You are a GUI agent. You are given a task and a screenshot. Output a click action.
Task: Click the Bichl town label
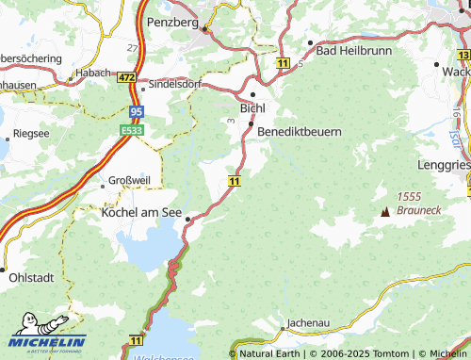tap(253, 108)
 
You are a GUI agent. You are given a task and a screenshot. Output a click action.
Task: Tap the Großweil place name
tap(129, 180)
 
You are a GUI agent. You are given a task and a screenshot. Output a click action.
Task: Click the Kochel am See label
tap(140, 214)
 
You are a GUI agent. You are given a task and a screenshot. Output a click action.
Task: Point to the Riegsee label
tap(30, 133)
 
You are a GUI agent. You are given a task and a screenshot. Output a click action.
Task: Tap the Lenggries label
tap(446, 164)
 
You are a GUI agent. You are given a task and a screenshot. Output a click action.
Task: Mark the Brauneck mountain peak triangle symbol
tap(383, 211)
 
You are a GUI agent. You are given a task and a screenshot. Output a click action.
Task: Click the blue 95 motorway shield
tap(138, 111)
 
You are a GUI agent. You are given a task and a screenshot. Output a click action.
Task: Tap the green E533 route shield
tap(132, 130)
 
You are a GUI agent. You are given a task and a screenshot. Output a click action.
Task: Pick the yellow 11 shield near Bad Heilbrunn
tap(283, 61)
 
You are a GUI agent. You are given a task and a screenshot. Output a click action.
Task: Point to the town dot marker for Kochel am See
tap(188, 219)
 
